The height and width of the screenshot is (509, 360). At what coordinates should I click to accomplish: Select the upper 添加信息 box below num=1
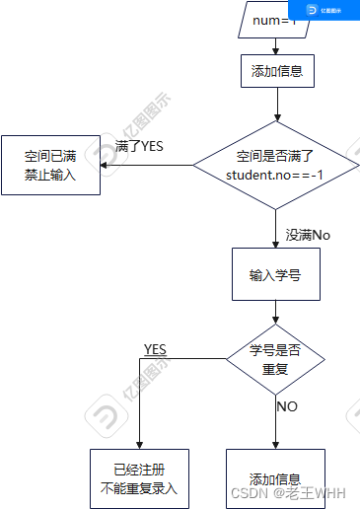click(x=276, y=71)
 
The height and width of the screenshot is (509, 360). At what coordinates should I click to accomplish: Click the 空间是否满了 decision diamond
click(x=276, y=164)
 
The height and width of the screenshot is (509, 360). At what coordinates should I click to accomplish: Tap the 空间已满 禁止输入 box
click(x=49, y=165)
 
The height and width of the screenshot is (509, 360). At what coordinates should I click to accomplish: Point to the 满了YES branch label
click(x=139, y=146)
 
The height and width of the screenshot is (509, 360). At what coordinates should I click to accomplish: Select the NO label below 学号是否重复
click(x=287, y=405)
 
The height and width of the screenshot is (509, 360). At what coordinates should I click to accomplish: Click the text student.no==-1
click(x=276, y=174)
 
